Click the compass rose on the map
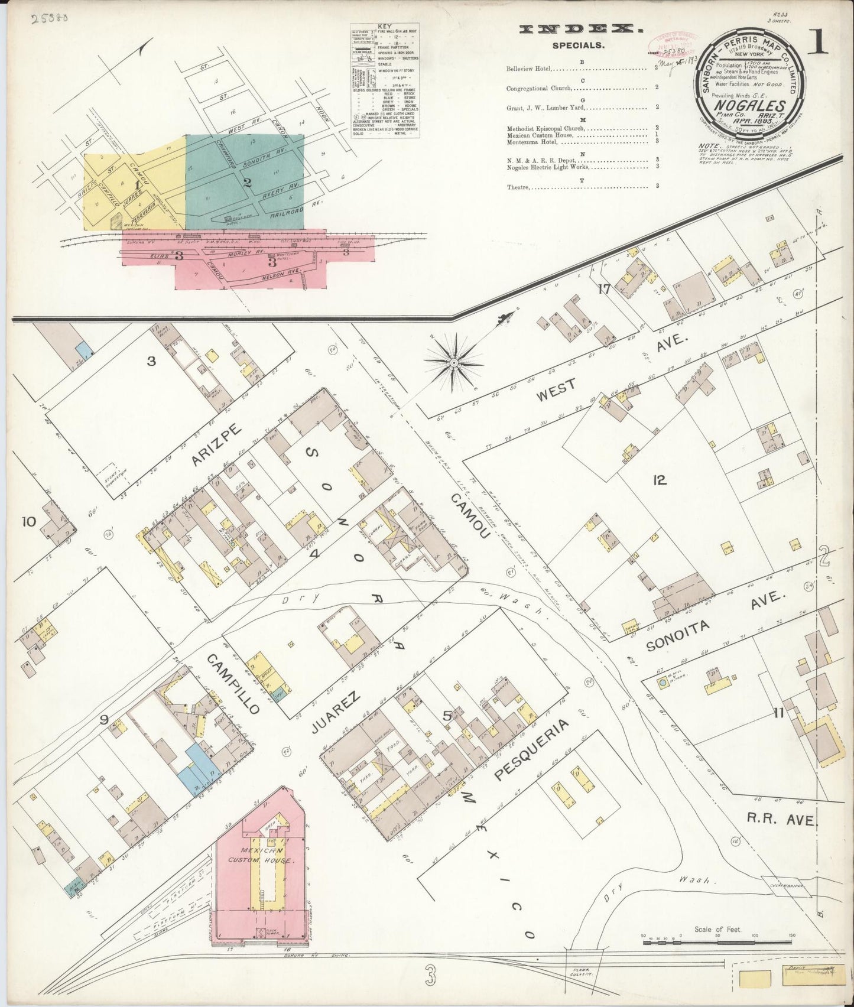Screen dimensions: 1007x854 pos(453,362)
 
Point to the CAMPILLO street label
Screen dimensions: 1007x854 pos(232,683)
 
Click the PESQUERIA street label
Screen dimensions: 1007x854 pos(532,749)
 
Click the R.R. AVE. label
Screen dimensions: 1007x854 pos(781,820)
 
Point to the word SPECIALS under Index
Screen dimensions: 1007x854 pos(578,45)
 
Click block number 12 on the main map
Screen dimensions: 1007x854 pos(660,480)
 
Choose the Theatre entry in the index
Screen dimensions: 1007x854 pos(519,187)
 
